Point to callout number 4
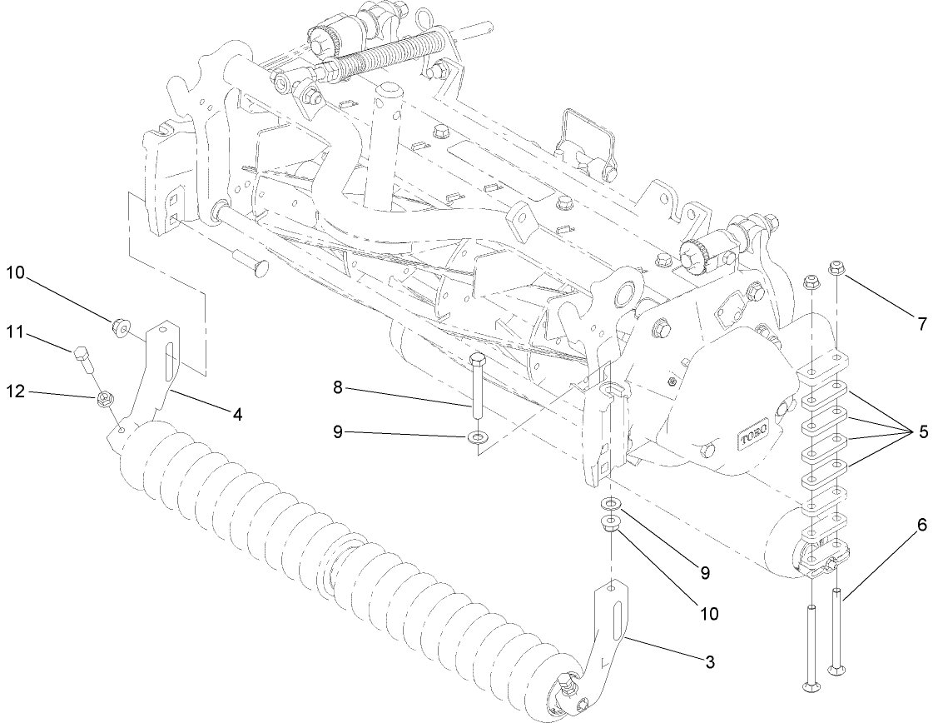[237, 413]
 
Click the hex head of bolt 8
[477, 361]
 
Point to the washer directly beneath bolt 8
[477, 436]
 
